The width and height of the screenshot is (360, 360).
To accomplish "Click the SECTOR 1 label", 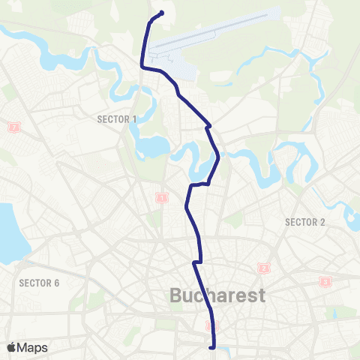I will [x=117, y=118].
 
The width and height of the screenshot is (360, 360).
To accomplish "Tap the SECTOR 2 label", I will [x=304, y=221].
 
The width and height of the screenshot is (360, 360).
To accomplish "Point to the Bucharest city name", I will [x=218, y=295].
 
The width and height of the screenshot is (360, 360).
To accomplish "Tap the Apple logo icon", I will [x=13, y=347].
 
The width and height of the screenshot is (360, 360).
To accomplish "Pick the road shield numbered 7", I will [x=14, y=127].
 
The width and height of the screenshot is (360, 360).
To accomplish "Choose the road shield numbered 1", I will [x=160, y=198].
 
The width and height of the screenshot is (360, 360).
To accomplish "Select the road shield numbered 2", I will [x=263, y=268].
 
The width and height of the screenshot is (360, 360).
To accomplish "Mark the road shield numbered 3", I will [x=325, y=281].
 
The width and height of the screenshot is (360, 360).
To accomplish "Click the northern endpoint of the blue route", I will [x=162, y=12].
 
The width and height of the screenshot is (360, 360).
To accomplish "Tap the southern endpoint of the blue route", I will [x=215, y=347].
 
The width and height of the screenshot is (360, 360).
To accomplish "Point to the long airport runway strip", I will [x=217, y=31].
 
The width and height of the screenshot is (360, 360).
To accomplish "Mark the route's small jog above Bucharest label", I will [x=196, y=262].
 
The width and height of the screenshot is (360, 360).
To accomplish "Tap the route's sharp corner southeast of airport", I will [x=208, y=126].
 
